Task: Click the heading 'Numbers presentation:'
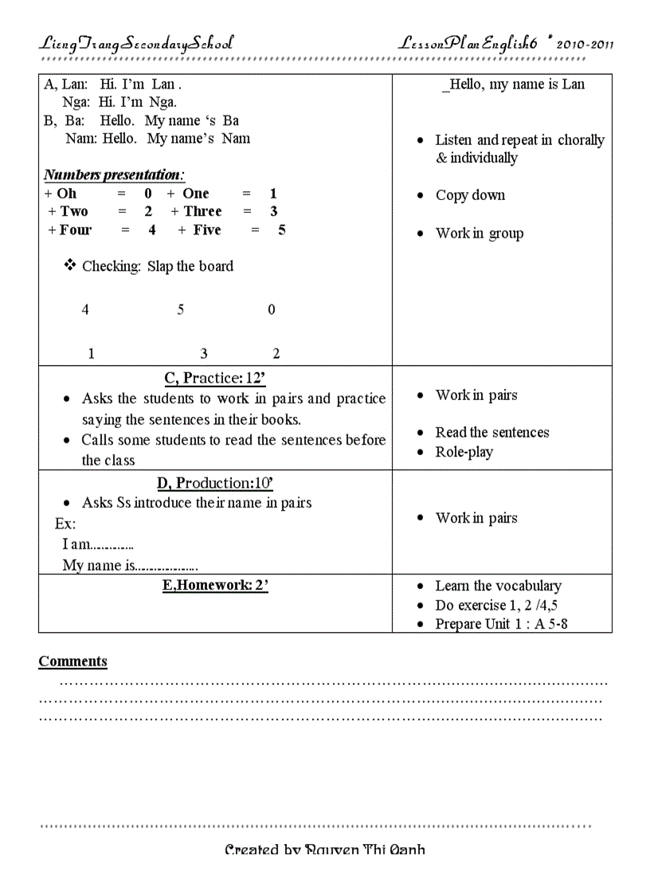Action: pyautogui.click(x=114, y=175)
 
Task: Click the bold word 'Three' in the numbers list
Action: pyautogui.click(x=202, y=211)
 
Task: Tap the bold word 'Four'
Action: pyautogui.click(x=76, y=230)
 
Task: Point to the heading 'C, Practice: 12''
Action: pyautogui.click(x=214, y=378)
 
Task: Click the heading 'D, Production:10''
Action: pyautogui.click(x=215, y=483)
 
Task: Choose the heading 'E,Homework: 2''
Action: pyautogui.click(x=215, y=586)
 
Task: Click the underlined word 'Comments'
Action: pyautogui.click(x=72, y=661)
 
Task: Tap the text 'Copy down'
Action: pyautogui.click(x=470, y=195)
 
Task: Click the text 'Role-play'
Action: pyautogui.click(x=464, y=452)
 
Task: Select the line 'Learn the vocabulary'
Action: pyautogui.click(x=498, y=586)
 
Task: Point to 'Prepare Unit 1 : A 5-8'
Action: pyautogui.click(x=501, y=624)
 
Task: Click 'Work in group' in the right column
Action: pyautogui.click(x=479, y=234)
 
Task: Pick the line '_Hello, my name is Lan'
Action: pyautogui.click(x=513, y=84)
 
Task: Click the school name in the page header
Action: pyautogui.click(x=136, y=44)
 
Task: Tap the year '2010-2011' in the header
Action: pyautogui.click(x=585, y=45)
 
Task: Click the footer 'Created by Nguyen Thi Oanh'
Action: pyautogui.click(x=325, y=850)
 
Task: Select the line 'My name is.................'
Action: pyautogui.click(x=130, y=566)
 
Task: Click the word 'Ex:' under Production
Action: pyautogui.click(x=65, y=524)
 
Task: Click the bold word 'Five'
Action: pyautogui.click(x=207, y=230)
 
